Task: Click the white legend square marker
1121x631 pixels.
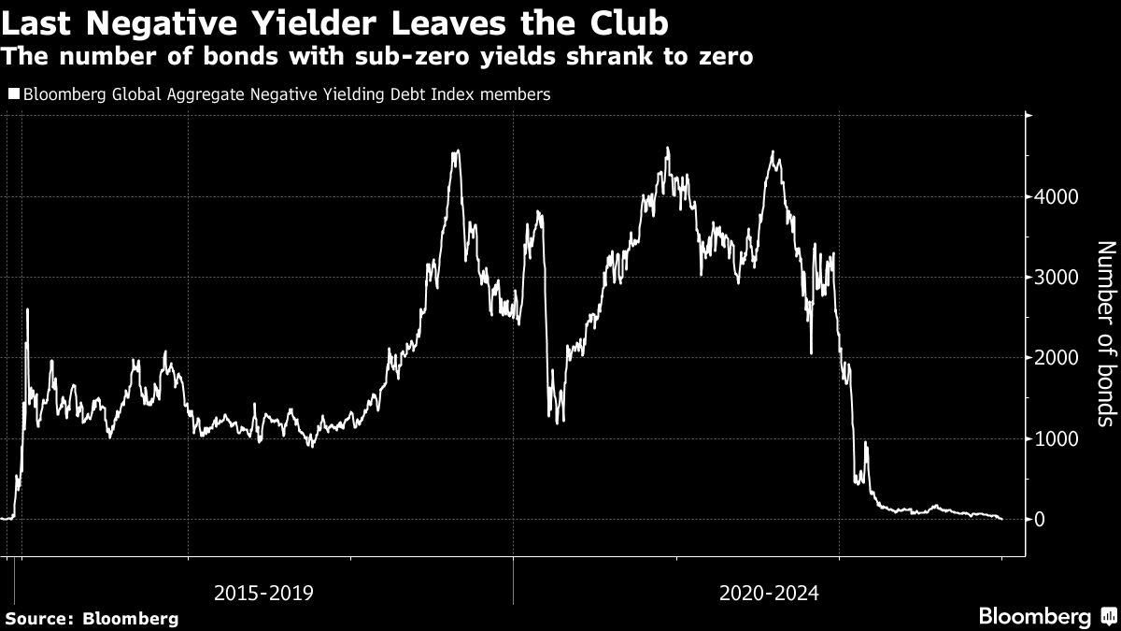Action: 13,94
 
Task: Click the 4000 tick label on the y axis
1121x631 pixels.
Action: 1056,197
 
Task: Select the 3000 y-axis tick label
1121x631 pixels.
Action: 1056,278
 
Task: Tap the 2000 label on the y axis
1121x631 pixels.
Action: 1056,358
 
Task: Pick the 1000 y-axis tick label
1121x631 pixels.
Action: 1056,438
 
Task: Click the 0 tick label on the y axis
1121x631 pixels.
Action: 1041,519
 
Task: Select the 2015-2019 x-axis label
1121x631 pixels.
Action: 263,593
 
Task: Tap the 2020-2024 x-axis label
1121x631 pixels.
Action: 769,593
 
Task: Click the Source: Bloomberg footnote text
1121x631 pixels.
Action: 92,618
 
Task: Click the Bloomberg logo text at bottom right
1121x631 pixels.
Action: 1034,616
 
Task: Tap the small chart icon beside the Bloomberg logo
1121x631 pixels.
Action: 1107,616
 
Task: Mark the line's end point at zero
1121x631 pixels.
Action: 1001,519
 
